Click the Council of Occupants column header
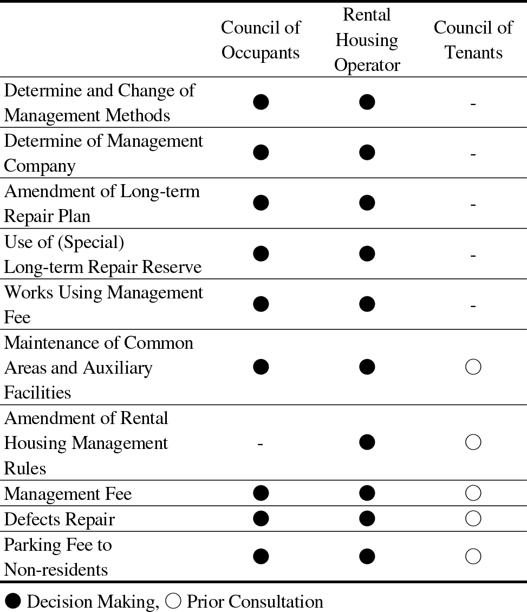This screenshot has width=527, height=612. click(x=261, y=40)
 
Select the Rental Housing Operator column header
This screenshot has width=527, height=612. click(x=367, y=40)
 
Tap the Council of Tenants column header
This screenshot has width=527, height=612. click(x=473, y=40)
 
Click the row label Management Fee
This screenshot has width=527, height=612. click(x=68, y=494)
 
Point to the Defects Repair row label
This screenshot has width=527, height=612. click(x=60, y=519)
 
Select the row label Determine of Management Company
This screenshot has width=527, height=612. click(x=103, y=153)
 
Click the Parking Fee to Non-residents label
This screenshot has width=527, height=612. click(x=58, y=557)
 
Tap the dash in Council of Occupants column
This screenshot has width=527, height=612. click(x=261, y=444)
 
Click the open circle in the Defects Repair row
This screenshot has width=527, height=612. click(x=473, y=519)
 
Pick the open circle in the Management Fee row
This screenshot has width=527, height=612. click(x=473, y=493)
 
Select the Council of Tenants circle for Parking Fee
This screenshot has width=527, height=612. click(x=473, y=557)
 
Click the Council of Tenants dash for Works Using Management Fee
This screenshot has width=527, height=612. click(x=473, y=306)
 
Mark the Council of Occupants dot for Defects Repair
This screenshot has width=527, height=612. click(x=261, y=519)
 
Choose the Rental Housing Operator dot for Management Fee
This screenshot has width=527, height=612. click(x=367, y=493)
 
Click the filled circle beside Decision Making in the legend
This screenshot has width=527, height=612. click(x=13, y=602)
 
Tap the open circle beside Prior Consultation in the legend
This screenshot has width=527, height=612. click(x=173, y=602)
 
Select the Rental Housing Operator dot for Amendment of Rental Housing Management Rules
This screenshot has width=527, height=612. click(x=367, y=443)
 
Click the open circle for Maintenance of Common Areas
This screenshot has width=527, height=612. click(x=473, y=368)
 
